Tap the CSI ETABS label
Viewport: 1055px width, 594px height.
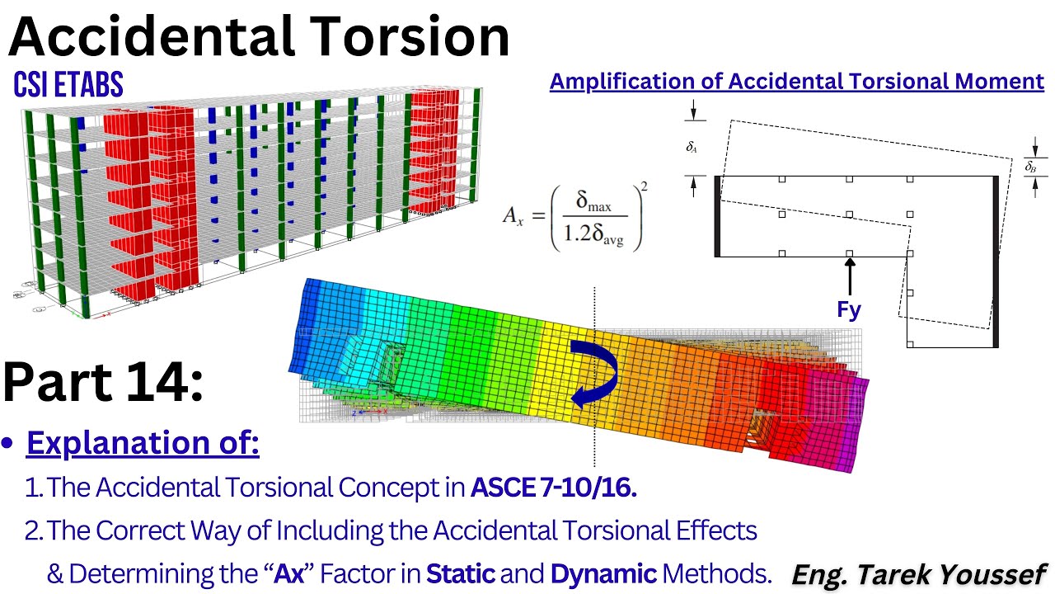(x=68, y=84)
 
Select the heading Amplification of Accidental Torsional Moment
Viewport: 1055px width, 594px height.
(x=796, y=82)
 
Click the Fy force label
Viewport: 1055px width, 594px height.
(x=849, y=309)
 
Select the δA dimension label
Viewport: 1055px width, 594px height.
(x=692, y=148)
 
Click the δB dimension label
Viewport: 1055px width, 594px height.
(x=1030, y=167)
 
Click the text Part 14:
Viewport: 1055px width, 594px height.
(x=103, y=384)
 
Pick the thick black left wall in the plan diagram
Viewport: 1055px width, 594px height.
(x=718, y=216)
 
